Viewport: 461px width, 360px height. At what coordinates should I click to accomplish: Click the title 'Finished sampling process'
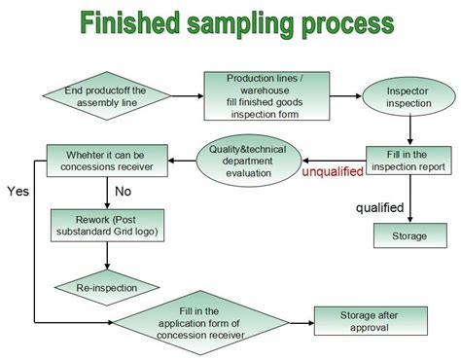click(230, 22)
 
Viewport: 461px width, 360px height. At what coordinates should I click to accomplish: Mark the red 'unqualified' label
click(333, 172)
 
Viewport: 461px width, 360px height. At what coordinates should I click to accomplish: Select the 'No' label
click(124, 191)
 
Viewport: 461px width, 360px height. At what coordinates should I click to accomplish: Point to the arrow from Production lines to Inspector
click(330, 94)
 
